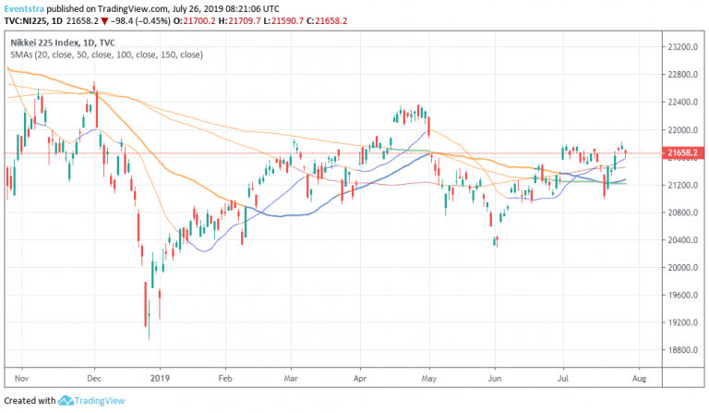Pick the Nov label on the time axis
coord(24,379)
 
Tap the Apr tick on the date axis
coord(360,379)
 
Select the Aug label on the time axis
coord(640,379)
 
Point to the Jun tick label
coord(495,379)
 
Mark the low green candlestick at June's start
coord(497,240)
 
